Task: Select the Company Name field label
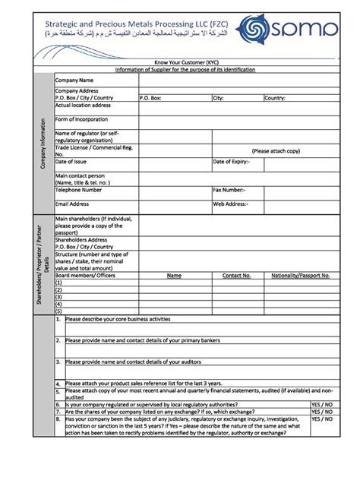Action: click(x=74, y=80)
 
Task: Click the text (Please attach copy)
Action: click(x=276, y=151)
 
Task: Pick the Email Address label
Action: click(x=72, y=204)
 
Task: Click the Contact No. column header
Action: click(x=236, y=276)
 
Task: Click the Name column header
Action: click(x=174, y=276)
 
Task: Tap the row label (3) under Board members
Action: click(x=58, y=297)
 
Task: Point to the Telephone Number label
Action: click(x=78, y=190)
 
